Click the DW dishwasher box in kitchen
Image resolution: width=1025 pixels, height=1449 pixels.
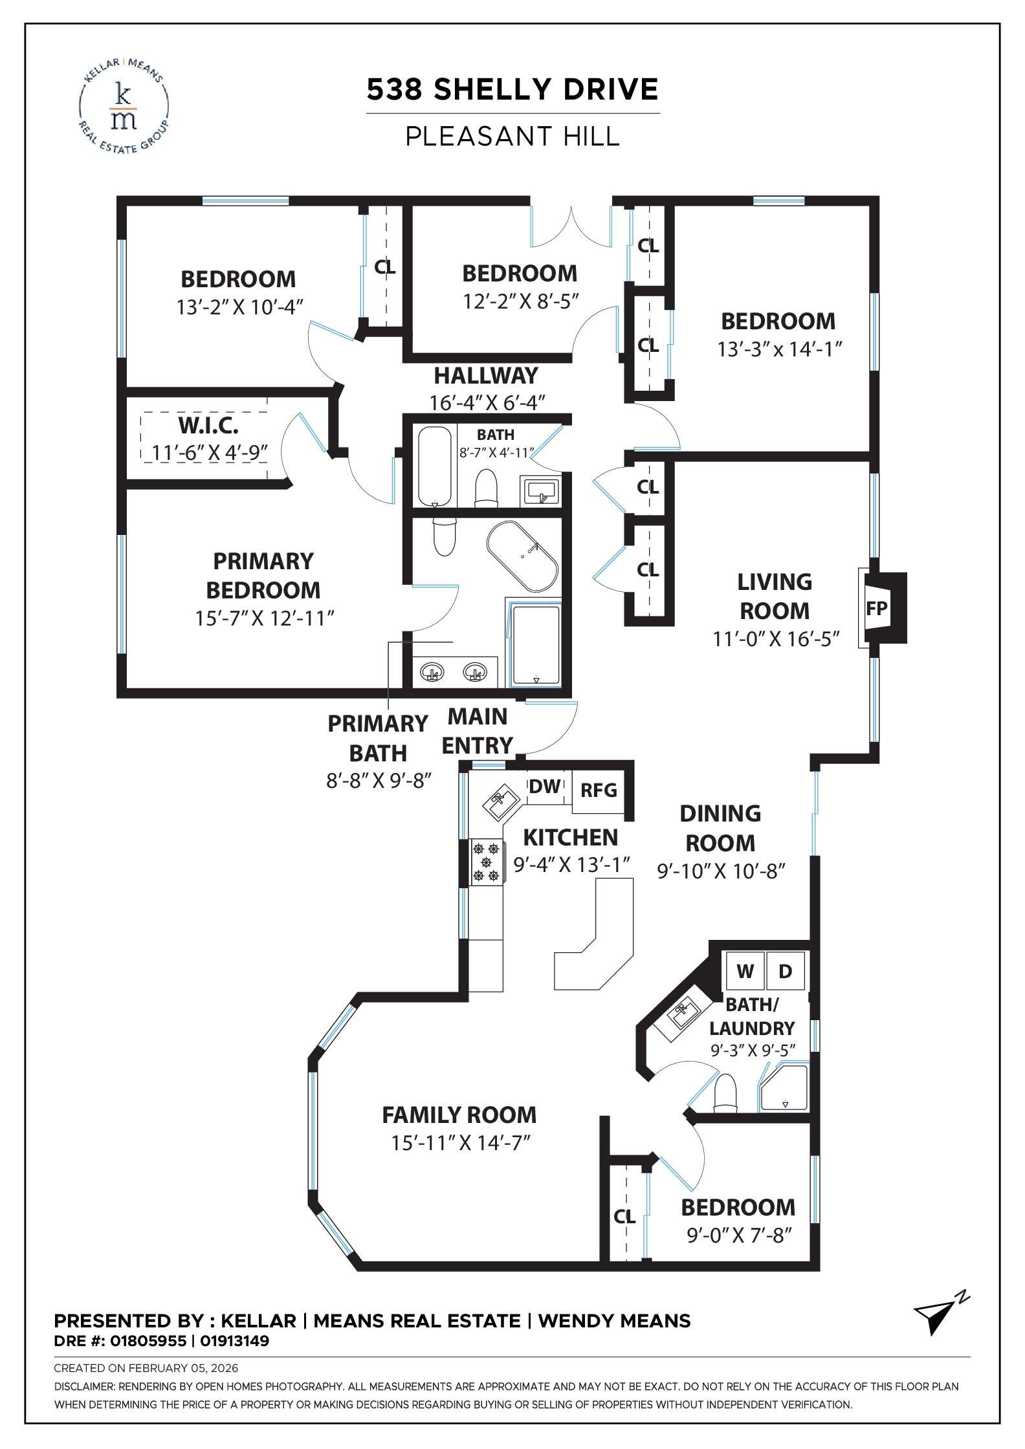click(545, 787)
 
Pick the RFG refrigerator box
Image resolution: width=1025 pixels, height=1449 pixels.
click(599, 790)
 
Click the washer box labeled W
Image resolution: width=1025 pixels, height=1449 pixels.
click(745, 971)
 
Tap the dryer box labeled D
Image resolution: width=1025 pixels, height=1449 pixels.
click(785, 971)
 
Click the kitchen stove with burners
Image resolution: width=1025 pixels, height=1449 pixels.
click(487, 862)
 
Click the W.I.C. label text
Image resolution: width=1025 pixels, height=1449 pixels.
click(208, 426)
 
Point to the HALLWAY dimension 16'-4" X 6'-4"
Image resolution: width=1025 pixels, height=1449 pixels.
click(487, 402)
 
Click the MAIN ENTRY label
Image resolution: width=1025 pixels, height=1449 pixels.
click(478, 731)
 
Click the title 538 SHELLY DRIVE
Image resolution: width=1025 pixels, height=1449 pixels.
click(512, 89)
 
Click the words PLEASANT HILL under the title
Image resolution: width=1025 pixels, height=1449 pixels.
click(512, 136)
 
